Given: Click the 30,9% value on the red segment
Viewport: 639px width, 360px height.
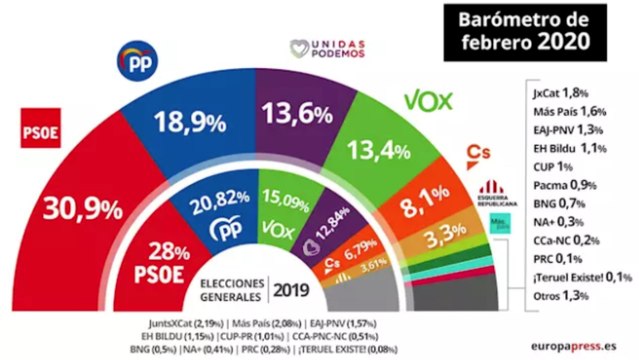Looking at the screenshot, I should (74, 212).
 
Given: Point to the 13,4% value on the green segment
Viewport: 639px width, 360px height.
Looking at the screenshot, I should (408, 152).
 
